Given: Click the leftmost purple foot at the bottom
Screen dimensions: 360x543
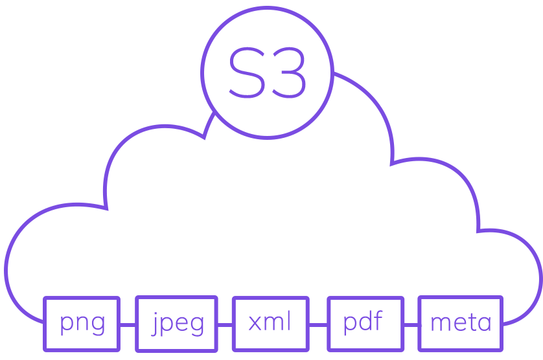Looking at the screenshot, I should [81, 340].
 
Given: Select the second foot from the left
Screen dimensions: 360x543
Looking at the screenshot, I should [176, 340].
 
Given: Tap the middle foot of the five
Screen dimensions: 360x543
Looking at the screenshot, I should [270, 340].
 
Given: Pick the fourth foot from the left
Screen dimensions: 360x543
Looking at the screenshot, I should [365, 340].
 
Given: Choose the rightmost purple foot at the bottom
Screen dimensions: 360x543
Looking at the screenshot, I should [460, 340].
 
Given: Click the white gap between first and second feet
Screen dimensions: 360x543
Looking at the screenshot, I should [128, 340].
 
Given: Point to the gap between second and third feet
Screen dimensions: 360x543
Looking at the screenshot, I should [225, 340].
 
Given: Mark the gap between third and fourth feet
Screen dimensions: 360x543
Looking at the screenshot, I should [318, 340].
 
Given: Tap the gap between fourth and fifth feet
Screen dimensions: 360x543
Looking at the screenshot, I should [411, 340].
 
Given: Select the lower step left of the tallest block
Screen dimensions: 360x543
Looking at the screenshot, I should [218, 38].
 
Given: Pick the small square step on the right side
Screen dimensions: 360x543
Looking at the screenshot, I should [492, 214].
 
